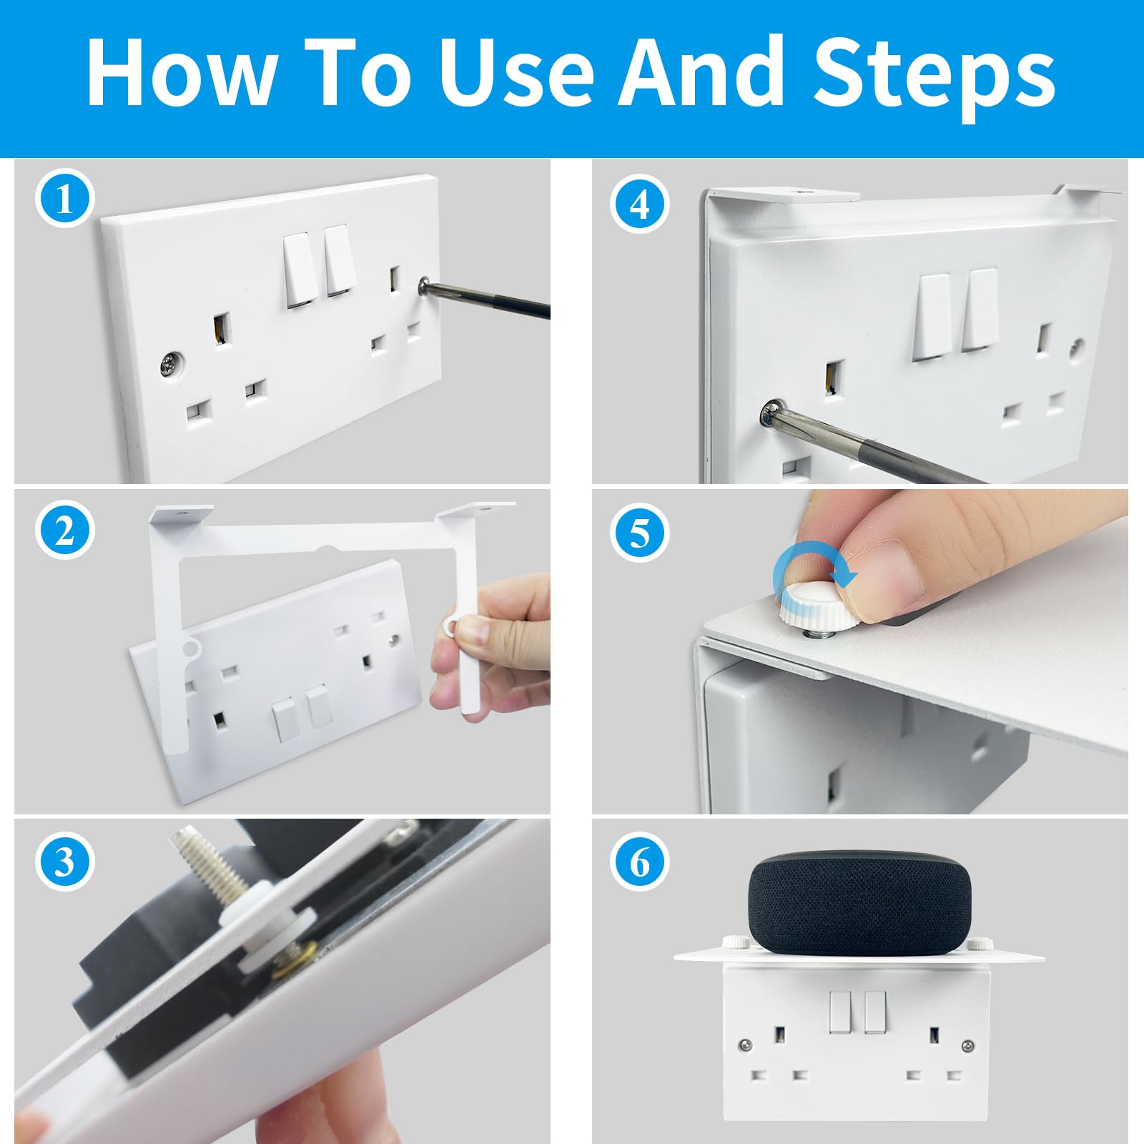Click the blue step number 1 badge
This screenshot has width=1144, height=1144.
(64, 199)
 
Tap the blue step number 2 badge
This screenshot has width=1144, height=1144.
(64, 531)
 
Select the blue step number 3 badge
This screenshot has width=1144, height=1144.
(64, 862)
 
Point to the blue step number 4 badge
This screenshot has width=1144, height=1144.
(640, 204)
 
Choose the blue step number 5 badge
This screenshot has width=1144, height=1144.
(640, 533)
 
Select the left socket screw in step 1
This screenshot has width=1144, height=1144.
(170, 364)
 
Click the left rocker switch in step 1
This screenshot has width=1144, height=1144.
(301, 270)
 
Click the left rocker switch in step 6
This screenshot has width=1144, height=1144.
(840, 1012)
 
